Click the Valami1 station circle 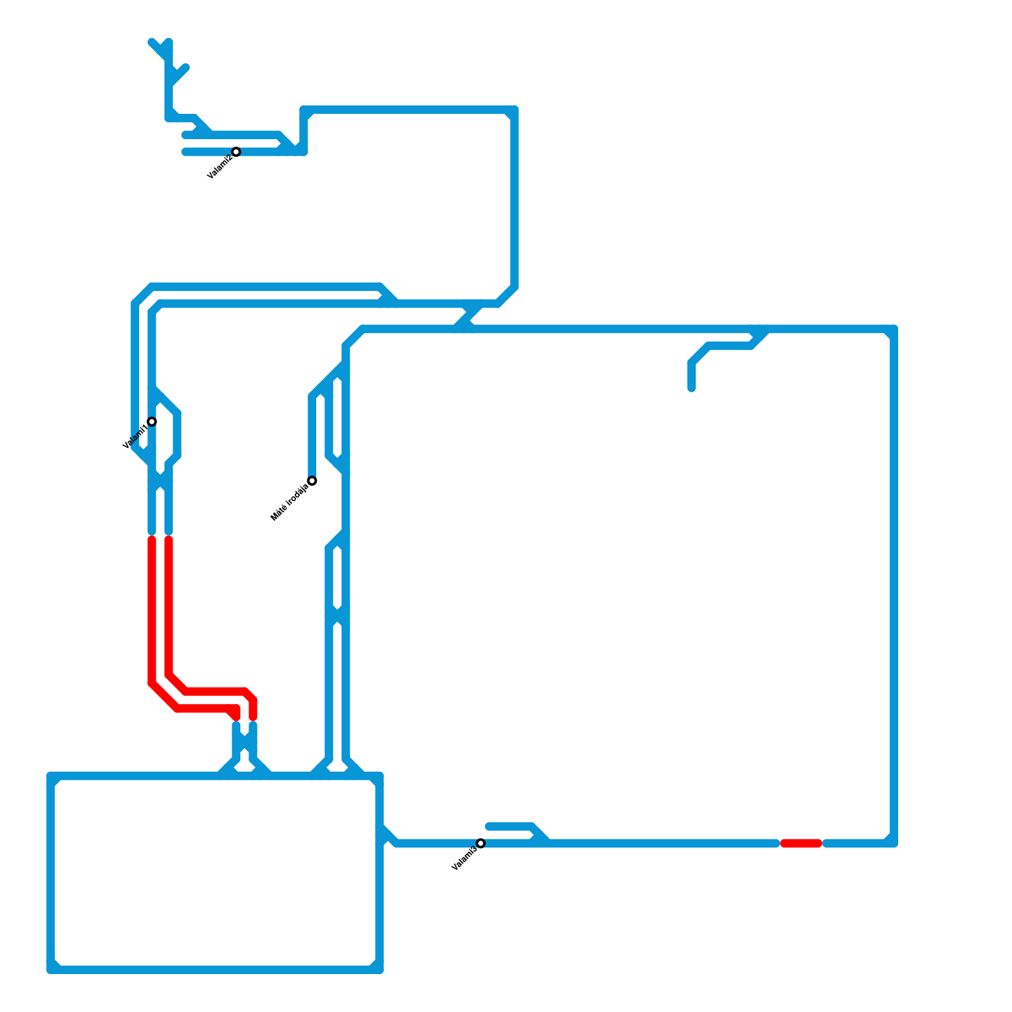pyautogui.click(x=152, y=422)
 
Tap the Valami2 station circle pyautogui.click(x=236, y=152)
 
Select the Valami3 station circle pyautogui.click(x=481, y=843)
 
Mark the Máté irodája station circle pyautogui.click(x=312, y=481)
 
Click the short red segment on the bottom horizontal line pyautogui.click(x=801, y=843)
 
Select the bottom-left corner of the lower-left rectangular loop pyautogui.click(x=51, y=970)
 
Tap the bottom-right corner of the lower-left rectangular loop pyautogui.click(x=379, y=970)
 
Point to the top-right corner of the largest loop pyautogui.click(x=894, y=329)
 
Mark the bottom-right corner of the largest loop pyautogui.click(x=894, y=843)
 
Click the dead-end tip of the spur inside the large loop pyautogui.click(x=691, y=388)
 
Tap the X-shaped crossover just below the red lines pyautogui.click(x=244, y=746)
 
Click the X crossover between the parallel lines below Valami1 pyautogui.click(x=160, y=481)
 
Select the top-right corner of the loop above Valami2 pyautogui.click(x=514, y=109)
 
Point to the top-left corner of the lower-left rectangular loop pyautogui.click(x=51, y=776)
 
